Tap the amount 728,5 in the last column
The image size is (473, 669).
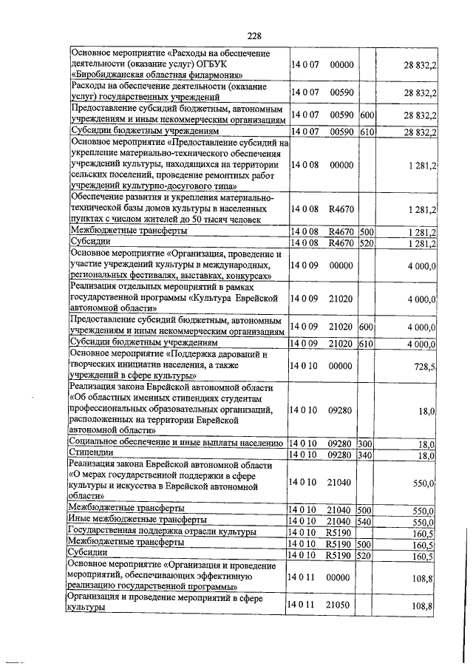coord(423,366)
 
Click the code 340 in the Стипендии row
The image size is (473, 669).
coord(365,455)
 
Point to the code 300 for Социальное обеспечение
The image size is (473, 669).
coord(365,444)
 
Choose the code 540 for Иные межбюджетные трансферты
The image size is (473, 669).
coord(365,521)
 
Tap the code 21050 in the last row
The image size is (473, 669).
coord(339,605)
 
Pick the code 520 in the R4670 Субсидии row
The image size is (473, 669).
coord(365,242)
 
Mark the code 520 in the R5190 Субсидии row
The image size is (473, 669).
coord(365,554)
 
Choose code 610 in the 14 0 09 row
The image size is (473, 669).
coord(365,344)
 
